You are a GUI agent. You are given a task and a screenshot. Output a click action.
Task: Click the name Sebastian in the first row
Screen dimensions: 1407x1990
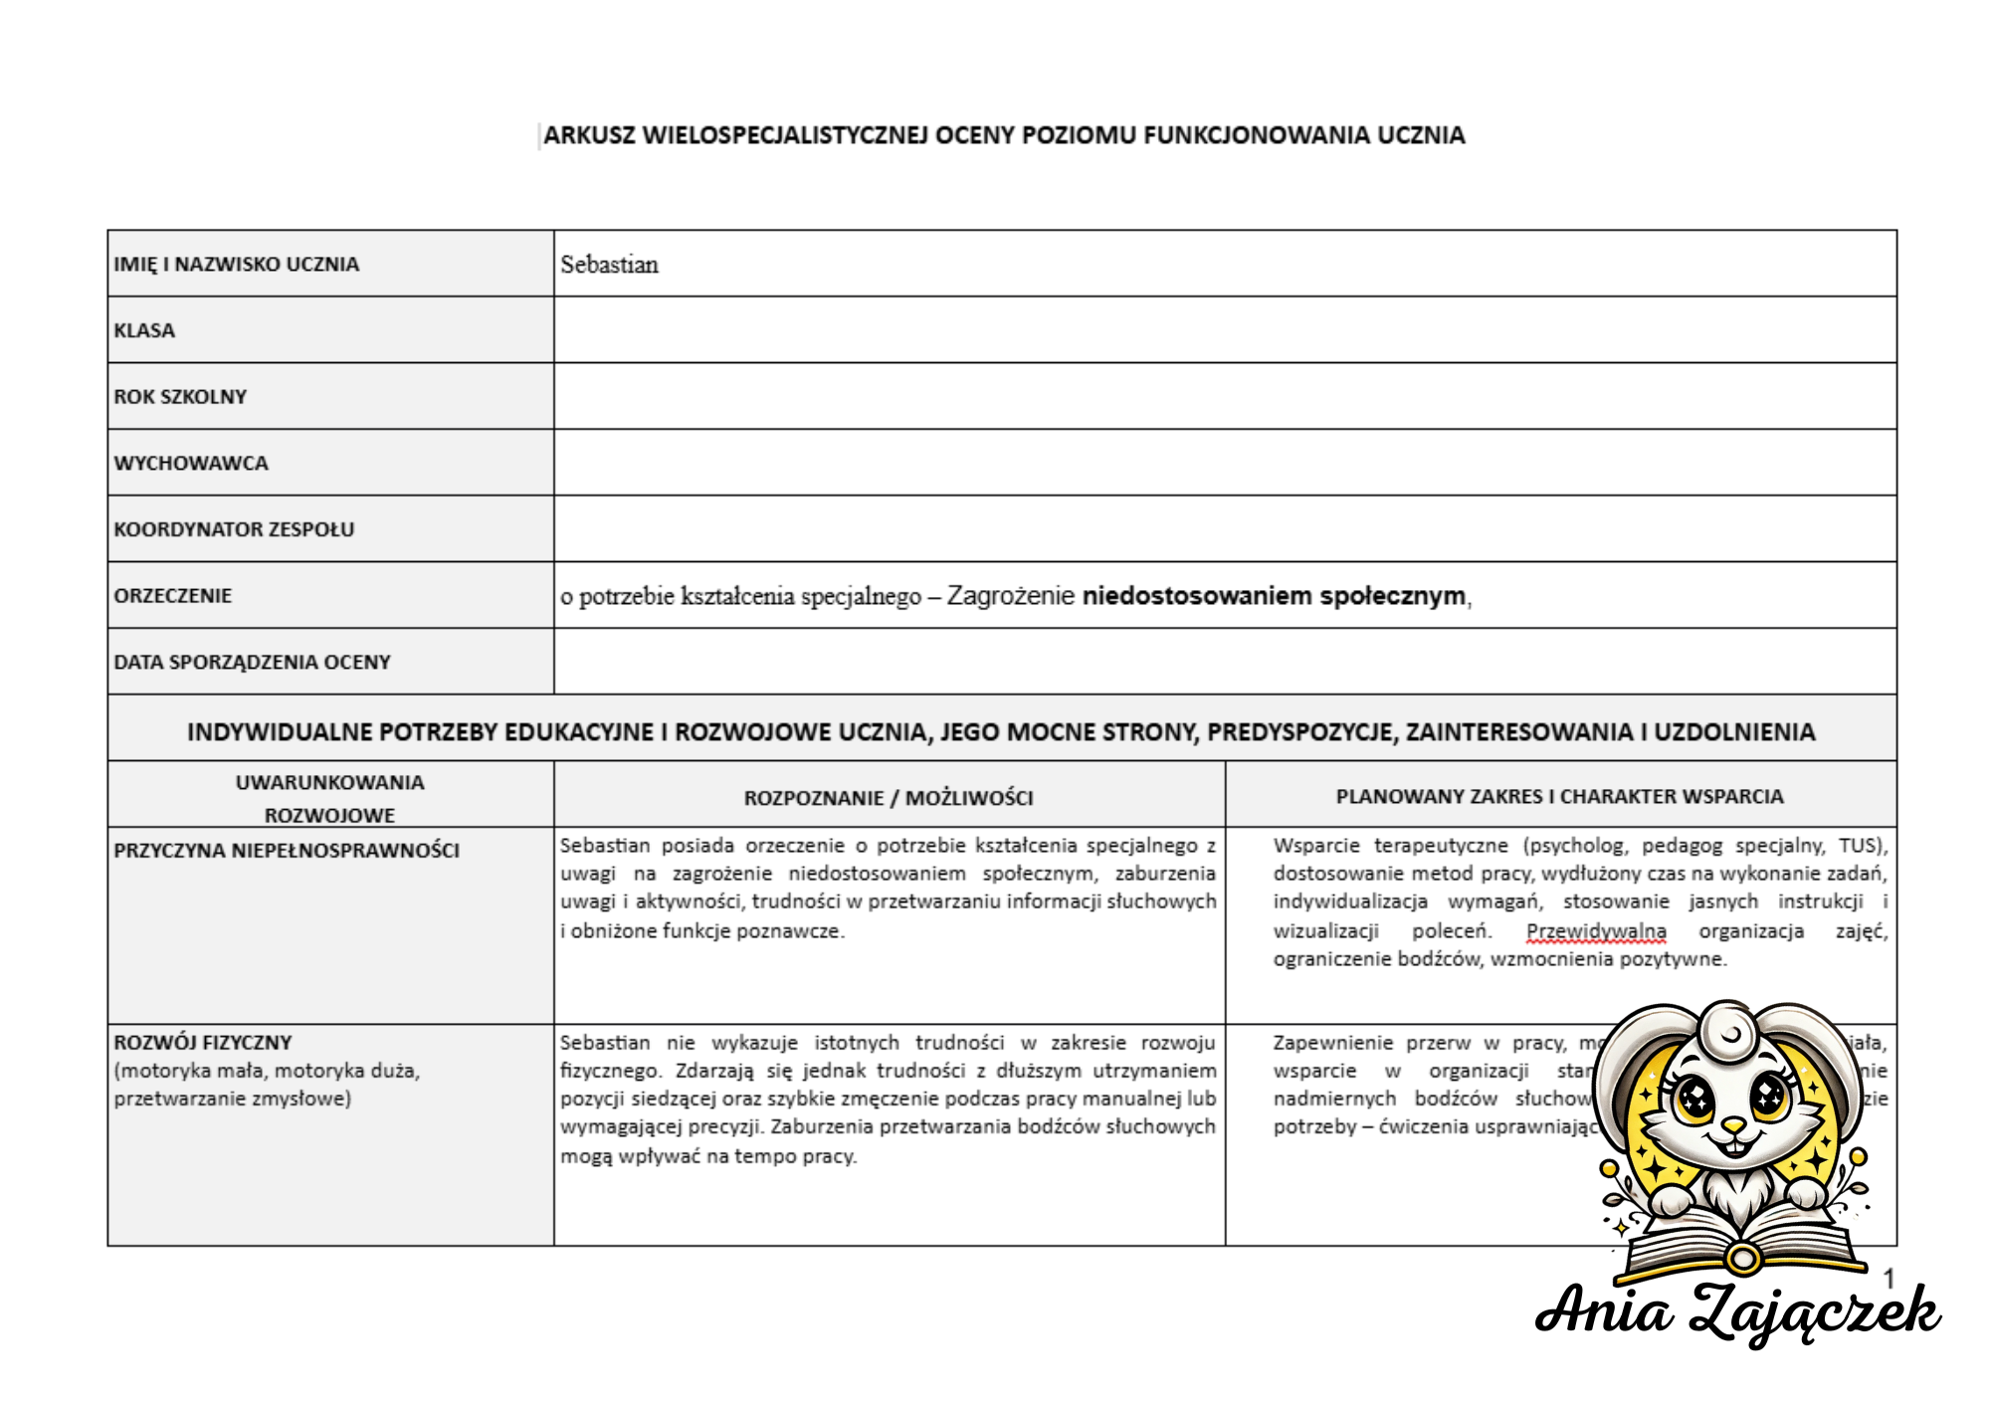tap(609, 265)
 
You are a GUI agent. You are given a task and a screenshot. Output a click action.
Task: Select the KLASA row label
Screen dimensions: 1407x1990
tap(144, 330)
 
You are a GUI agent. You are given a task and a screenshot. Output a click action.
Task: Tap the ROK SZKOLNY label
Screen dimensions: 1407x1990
tap(180, 397)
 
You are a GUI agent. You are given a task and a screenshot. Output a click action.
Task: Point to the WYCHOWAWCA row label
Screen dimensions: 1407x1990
tap(191, 464)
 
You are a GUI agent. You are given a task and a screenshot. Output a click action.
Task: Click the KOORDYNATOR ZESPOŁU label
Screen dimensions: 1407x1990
tap(234, 529)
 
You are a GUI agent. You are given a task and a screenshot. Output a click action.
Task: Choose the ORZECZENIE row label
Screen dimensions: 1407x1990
tap(173, 596)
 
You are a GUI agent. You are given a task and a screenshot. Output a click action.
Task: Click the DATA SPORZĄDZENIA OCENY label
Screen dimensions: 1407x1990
tap(252, 663)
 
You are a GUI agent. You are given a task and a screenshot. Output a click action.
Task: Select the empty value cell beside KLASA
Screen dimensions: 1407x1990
tap(1224, 330)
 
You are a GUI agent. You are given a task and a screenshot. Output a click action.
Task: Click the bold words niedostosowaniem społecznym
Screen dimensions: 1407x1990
tap(1274, 596)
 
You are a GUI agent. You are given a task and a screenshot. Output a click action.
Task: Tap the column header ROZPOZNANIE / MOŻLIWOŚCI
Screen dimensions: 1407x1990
tap(889, 798)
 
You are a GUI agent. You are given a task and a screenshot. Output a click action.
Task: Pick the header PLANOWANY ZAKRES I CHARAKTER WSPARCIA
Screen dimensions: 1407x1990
tap(1559, 797)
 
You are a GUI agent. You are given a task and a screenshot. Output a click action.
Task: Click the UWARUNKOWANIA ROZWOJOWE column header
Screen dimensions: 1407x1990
tap(329, 798)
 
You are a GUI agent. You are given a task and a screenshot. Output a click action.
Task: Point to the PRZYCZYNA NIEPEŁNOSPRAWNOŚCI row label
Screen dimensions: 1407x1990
tap(287, 851)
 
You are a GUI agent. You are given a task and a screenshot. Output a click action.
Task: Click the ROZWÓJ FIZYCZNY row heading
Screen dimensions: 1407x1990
tap(203, 1043)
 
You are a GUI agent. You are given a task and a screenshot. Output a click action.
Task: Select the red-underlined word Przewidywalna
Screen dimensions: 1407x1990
tap(1596, 931)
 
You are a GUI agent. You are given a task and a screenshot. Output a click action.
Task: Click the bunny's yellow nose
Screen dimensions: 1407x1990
tap(1733, 1125)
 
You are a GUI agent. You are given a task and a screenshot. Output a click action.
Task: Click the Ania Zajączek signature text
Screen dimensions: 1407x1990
tap(1737, 1311)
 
